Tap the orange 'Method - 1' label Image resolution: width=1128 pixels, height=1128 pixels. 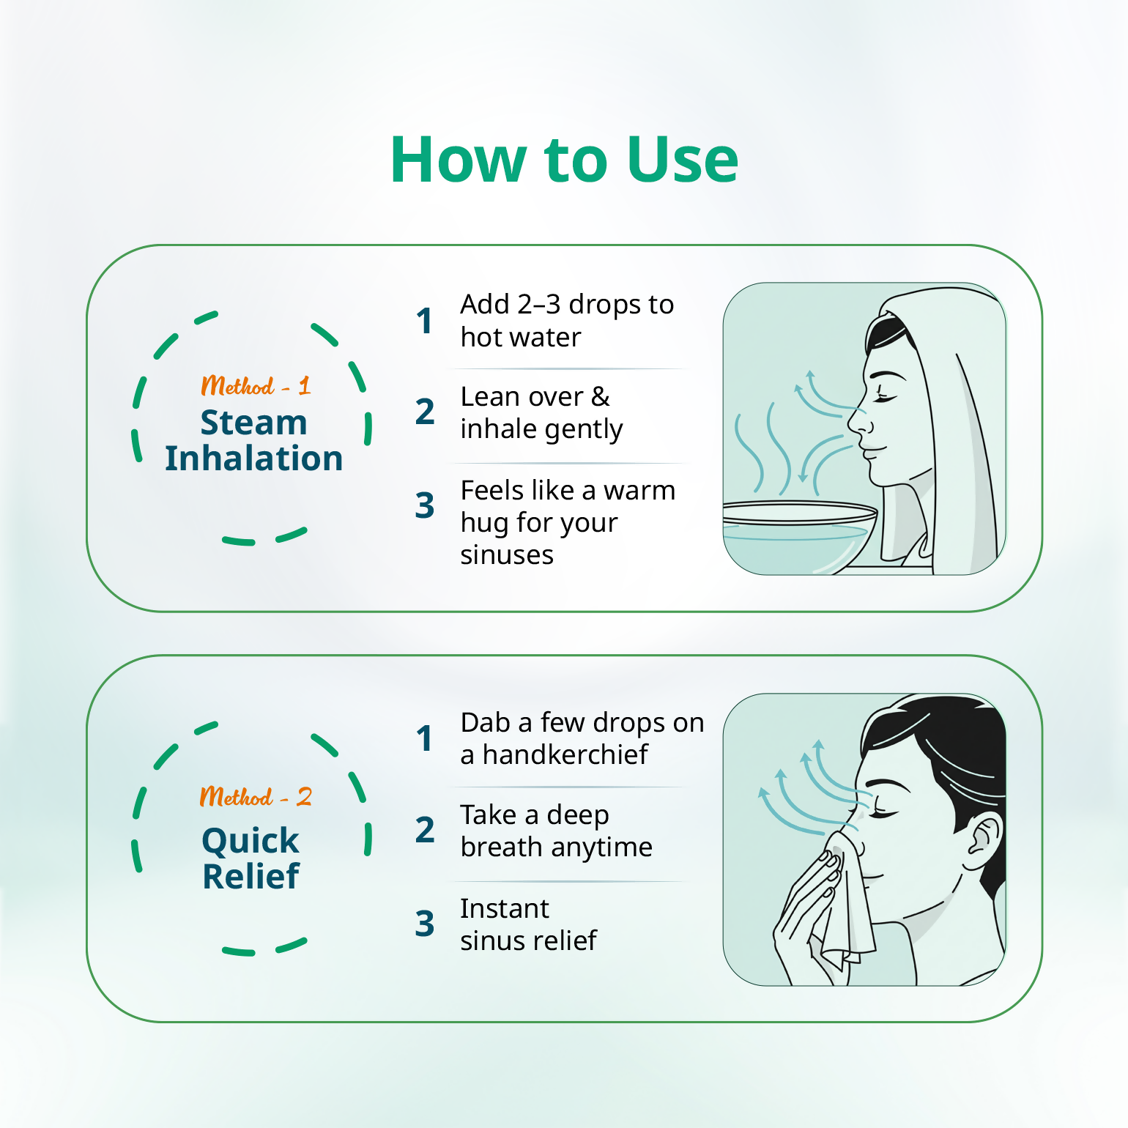[256, 385]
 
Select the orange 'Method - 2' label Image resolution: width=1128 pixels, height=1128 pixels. [256, 796]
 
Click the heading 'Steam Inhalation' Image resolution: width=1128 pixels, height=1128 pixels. [253, 440]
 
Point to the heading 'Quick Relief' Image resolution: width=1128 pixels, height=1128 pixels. [251, 858]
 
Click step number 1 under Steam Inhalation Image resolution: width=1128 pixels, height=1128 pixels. [424, 321]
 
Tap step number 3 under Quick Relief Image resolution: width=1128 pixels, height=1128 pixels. [425, 924]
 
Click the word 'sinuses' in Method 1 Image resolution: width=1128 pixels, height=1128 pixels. [507, 555]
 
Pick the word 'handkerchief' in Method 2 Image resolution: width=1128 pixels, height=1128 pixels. [565, 754]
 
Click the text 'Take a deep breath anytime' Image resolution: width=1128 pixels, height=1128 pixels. [556, 831]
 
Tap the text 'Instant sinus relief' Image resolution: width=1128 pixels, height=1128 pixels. [529, 924]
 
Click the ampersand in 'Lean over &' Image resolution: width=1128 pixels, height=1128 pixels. [601, 396]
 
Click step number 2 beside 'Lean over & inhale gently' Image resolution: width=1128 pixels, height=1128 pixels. [425, 412]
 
